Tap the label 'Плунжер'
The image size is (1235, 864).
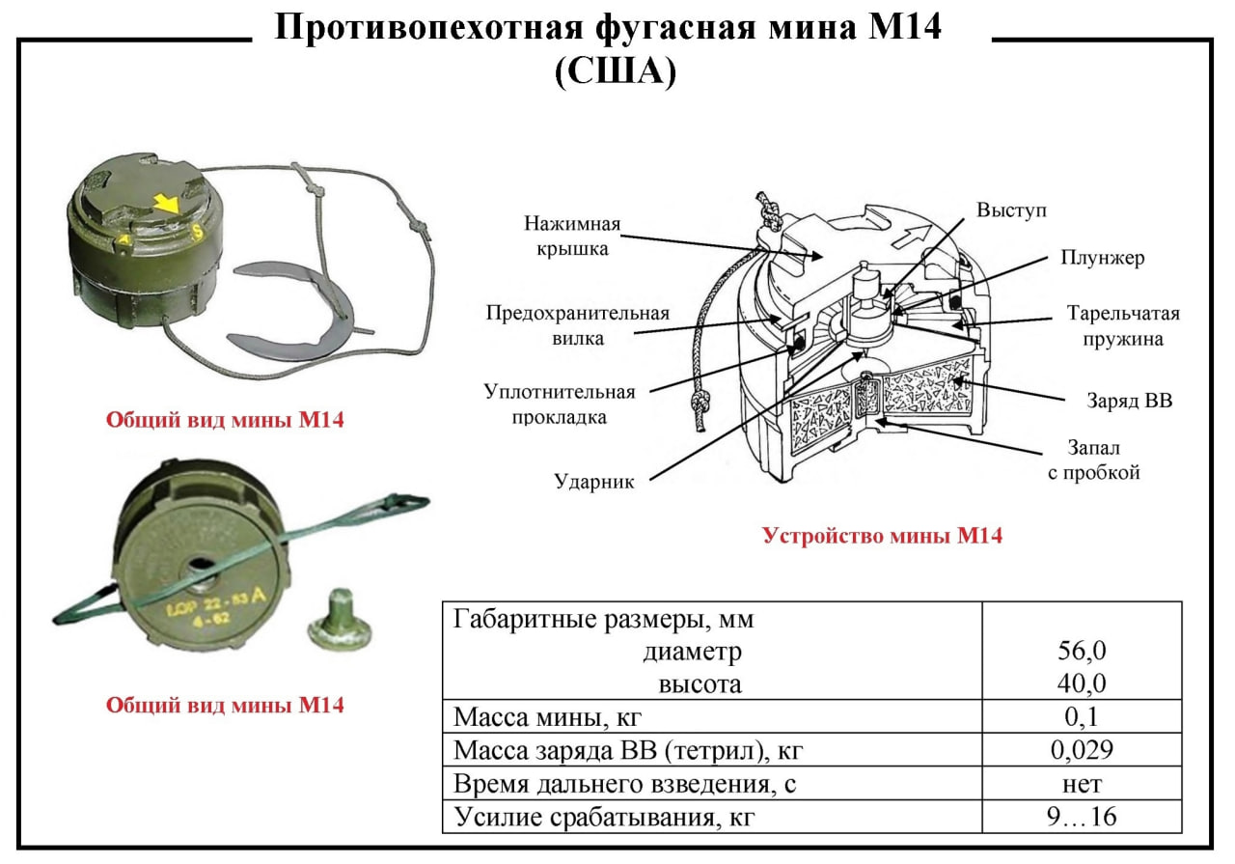point(1102,258)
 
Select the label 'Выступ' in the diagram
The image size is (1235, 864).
point(1010,209)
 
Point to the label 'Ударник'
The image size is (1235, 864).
point(594,482)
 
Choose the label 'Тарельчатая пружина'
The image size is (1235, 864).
point(1123,326)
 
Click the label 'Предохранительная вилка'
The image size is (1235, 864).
point(577,325)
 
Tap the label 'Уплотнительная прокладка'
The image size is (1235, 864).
point(560,404)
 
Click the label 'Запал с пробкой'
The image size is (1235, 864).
point(1093,460)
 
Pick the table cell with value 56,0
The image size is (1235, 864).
point(1081,652)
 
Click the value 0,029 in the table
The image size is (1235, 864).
point(1081,750)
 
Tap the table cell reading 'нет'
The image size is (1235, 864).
point(1081,783)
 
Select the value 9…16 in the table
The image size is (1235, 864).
point(1081,817)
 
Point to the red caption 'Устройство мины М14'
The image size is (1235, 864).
point(882,536)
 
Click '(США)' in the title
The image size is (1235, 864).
point(615,72)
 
